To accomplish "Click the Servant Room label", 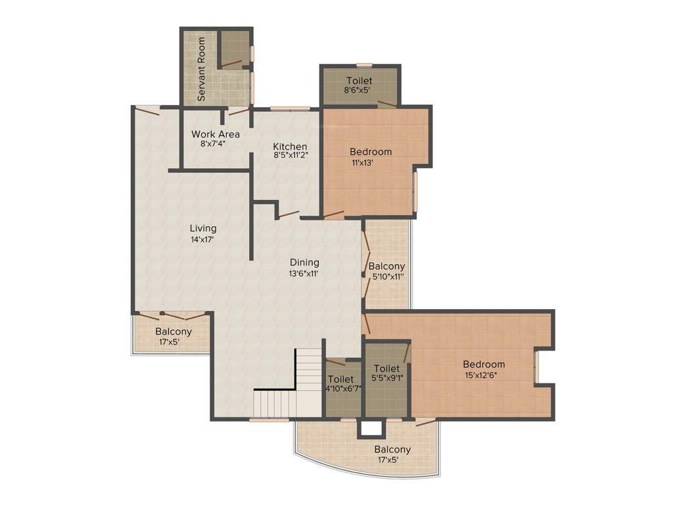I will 202,69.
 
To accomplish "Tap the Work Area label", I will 216,134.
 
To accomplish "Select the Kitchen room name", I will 290,146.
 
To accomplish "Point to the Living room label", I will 202,228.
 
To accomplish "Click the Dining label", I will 304,262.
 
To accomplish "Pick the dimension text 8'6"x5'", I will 360,91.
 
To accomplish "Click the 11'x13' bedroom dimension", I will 362,162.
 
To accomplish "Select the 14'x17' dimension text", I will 202,239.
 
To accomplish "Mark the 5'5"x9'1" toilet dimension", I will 386,378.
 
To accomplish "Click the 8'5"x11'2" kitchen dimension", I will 290,155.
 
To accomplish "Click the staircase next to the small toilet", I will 289,385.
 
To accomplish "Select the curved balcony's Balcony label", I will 392,450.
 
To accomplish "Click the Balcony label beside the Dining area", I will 386,266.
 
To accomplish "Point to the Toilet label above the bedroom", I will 360,81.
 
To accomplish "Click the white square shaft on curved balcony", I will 371,428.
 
